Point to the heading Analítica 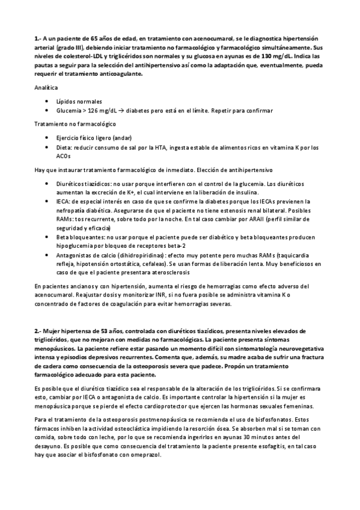tap(46, 88)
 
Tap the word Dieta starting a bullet tap(64, 147)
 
